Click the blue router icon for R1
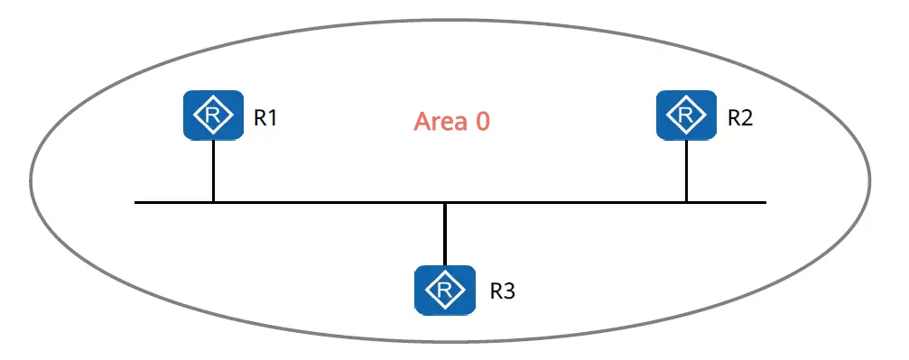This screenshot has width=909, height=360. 213,115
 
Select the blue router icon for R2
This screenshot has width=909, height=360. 686,115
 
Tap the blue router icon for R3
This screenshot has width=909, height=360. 445,290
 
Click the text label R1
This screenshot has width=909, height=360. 266,117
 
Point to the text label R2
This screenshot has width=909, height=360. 740,117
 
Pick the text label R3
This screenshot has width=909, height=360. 503,291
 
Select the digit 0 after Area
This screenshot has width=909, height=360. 483,122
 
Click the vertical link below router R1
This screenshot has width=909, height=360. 213,171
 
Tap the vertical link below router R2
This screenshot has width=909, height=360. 686,171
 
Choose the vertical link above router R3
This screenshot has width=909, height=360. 445,235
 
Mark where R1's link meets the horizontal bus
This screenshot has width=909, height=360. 213,202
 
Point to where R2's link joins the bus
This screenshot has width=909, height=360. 686,202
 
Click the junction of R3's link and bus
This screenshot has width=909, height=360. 445,202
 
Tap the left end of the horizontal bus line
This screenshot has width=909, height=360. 135,202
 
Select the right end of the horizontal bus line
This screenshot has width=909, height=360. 765,202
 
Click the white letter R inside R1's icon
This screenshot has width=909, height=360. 213,115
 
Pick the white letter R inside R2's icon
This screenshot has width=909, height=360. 686,115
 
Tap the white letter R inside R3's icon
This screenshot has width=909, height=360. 445,290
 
